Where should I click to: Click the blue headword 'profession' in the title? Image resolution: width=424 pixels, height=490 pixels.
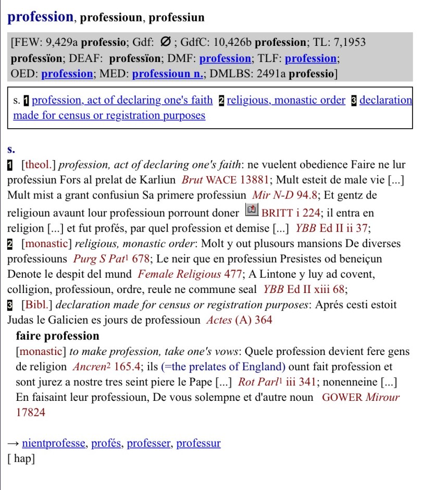pos(41,17)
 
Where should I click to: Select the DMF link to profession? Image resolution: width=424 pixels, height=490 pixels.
pos(226,58)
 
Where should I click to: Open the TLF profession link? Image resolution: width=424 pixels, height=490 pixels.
pos(311,58)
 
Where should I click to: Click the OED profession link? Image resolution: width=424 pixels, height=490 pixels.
pos(67,73)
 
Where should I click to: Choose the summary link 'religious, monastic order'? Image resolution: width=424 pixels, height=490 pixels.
pos(286,100)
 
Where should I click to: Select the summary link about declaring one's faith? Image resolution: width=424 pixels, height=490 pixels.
pos(122,100)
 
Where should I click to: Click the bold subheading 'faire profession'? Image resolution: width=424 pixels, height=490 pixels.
pos(57,336)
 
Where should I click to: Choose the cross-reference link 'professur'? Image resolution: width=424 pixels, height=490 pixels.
pos(198,444)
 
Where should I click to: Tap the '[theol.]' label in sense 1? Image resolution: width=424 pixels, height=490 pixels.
pos(39,165)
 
